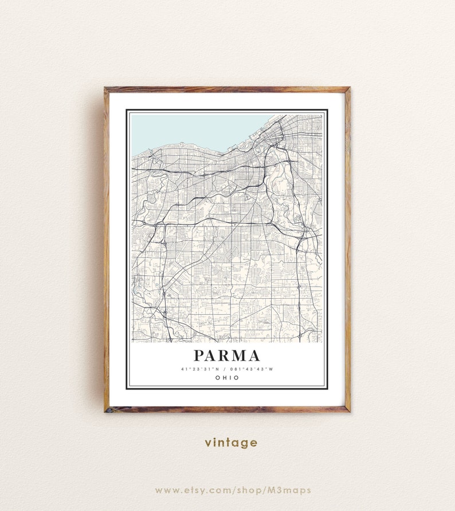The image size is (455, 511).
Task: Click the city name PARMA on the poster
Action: pyautogui.click(x=226, y=356)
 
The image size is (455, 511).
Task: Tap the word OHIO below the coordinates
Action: pyautogui.click(x=227, y=378)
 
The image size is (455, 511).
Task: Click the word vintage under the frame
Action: pyautogui.click(x=231, y=443)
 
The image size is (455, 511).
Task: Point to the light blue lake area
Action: pyautogui.click(x=189, y=129)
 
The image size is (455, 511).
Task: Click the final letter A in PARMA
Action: pyautogui.click(x=253, y=356)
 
